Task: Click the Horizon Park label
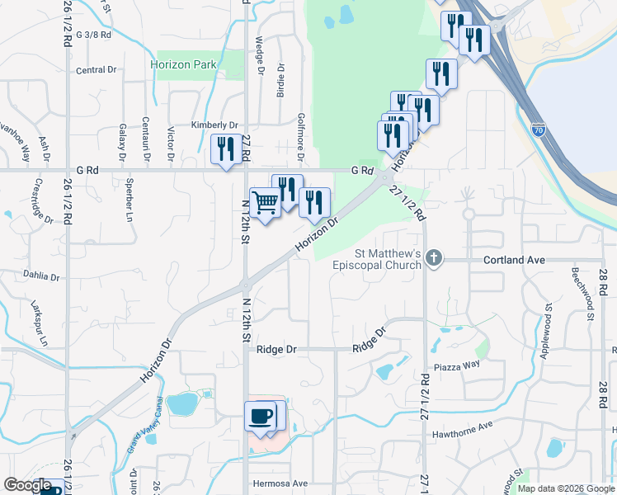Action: click(182, 64)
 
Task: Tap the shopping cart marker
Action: click(265, 202)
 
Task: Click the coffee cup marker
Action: click(261, 415)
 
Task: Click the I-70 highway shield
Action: click(539, 130)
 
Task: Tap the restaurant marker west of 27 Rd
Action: click(226, 148)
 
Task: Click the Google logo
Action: click(27, 485)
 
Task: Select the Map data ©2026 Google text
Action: click(566, 488)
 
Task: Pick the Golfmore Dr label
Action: click(301, 137)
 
